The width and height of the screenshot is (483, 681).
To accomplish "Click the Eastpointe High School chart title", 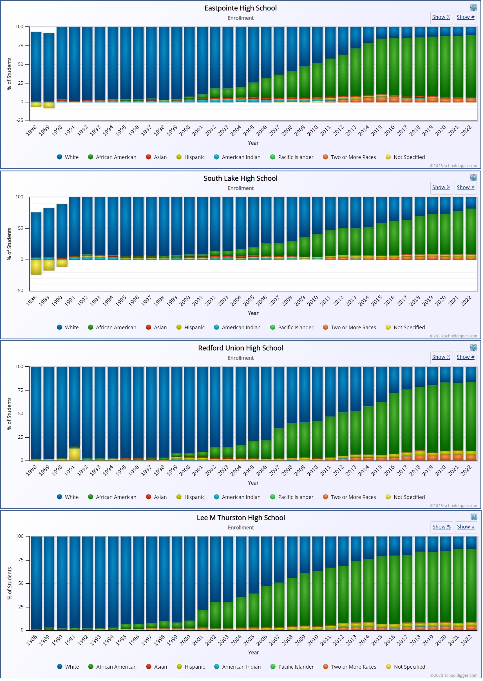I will (240, 8).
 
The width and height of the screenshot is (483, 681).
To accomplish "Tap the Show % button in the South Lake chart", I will (441, 187).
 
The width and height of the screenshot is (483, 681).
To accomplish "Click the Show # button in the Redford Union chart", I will (465, 357).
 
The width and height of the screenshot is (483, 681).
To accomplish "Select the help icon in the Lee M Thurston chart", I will (473, 517).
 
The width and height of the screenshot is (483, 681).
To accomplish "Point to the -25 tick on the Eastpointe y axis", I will (20, 120).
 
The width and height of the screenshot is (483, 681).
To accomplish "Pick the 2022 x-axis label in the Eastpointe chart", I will (466, 131).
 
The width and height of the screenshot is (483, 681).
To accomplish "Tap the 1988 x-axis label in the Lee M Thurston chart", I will (32, 640).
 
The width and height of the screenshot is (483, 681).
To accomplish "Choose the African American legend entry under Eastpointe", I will (112, 157).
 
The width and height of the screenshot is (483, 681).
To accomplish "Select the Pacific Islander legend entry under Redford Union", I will (292, 497).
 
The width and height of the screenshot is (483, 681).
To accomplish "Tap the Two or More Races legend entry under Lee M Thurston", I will (350, 667).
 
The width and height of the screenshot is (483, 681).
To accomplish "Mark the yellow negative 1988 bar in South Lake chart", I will (36, 267).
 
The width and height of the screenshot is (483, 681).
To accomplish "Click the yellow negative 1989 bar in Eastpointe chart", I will (49, 105).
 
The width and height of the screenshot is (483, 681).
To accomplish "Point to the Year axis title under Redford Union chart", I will (253, 483).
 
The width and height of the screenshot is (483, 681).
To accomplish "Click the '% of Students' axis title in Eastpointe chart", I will (9, 74).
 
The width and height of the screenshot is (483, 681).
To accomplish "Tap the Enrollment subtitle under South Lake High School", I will (240, 188).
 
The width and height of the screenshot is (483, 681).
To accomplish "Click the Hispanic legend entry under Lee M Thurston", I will (191, 667).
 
